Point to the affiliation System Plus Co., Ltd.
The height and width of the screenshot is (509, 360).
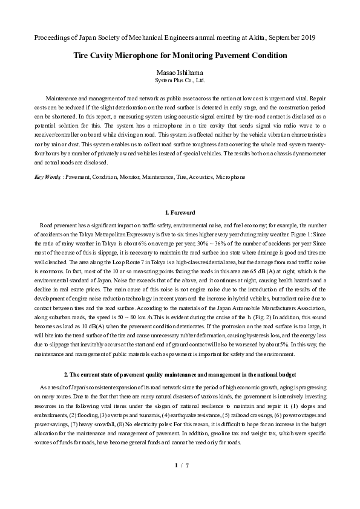(180, 80)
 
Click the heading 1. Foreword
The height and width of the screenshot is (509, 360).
(180, 213)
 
